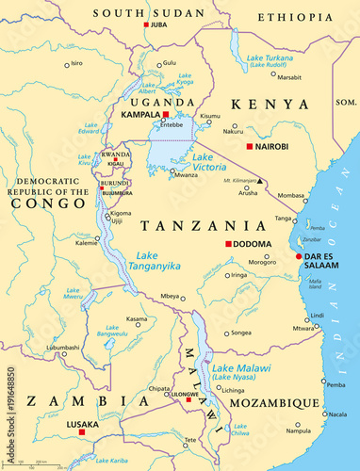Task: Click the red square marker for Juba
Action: pos(146,24)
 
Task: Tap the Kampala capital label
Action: pos(139,113)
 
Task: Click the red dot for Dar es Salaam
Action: pos(299,255)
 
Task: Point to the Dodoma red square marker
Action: pos(228,244)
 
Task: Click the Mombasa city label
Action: pos(290,196)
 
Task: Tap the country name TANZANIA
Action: pos(202,226)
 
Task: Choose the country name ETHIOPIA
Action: pos(298,16)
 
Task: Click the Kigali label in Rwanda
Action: pos(115,163)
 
